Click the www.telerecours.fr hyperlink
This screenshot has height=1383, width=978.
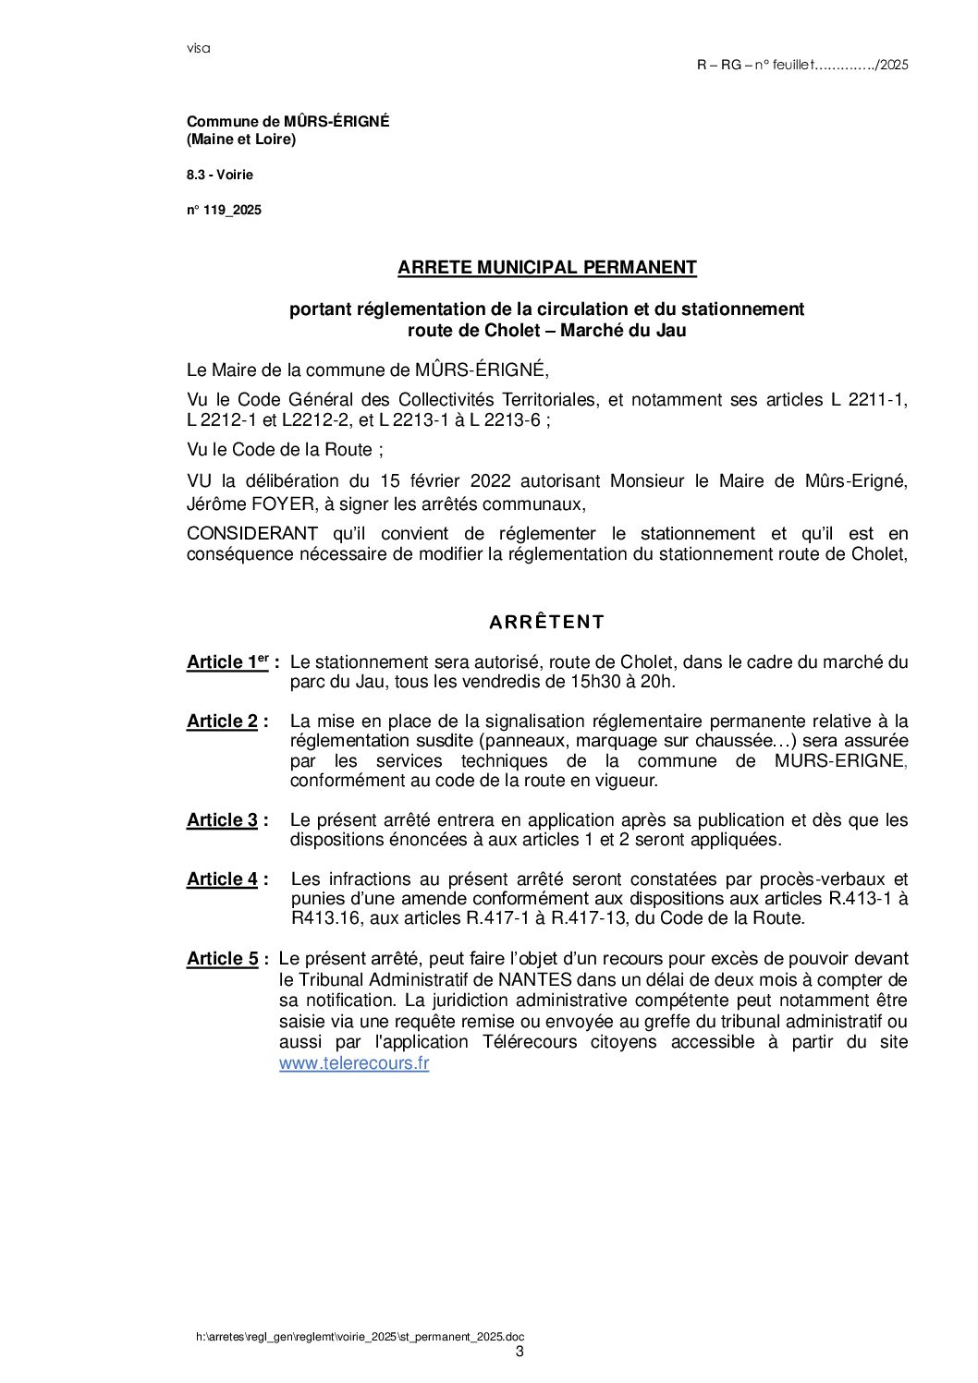[354, 1063]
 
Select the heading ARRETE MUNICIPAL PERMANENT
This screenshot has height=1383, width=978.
[546, 268]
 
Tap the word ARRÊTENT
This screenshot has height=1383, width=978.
[546, 623]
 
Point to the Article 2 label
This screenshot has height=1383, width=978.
[224, 722]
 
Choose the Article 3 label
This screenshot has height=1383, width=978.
[224, 820]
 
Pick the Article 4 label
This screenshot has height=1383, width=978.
[224, 880]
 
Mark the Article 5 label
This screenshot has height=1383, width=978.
[224, 959]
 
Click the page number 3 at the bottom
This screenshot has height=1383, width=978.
[519, 1352]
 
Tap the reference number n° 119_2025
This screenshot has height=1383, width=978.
[224, 211]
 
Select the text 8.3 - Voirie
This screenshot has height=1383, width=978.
[219, 176]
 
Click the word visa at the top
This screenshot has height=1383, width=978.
[198, 49]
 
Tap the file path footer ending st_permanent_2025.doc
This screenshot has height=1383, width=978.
[360, 1337]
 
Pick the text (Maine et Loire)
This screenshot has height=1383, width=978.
[241, 140]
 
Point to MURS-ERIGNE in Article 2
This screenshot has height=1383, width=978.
[838, 761]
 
